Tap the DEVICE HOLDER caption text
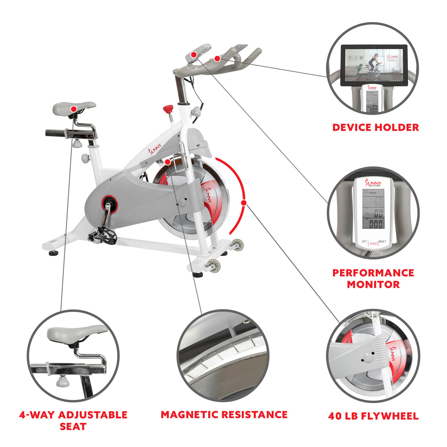[x=375, y=127]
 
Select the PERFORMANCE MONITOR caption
[x=373, y=278]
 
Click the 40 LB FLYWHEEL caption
[x=373, y=416]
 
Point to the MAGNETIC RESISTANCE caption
[x=224, y=415]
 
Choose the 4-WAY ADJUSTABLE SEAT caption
[x=73, y=420]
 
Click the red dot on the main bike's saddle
[x=74, y=109]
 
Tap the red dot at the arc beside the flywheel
[x=244, y=203]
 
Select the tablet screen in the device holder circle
[x=374, y=65]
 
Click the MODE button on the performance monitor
[x=373, y=244]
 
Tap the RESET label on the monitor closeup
[x=383, y=242]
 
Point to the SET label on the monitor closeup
[x=364, y=242]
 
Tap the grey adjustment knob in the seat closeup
[x=61, y=381]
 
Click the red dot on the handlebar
[x=217, y=58]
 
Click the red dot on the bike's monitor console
[x=193, y=55]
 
